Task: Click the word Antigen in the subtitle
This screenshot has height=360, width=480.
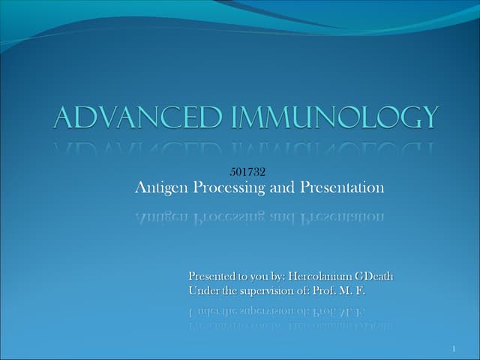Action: [160, 188]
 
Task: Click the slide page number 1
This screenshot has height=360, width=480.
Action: [454, 349]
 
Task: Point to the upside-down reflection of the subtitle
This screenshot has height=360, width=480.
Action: [259, 217]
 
